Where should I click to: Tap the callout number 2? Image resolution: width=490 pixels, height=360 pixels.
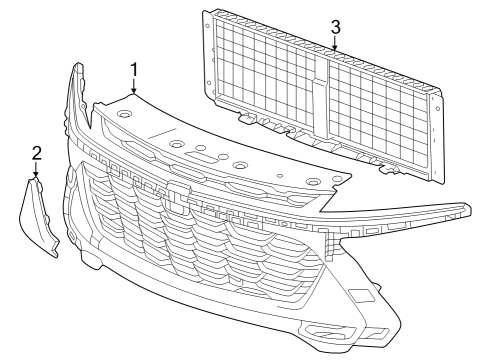(36, 153)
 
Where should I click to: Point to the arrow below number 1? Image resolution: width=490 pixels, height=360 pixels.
(133, 88)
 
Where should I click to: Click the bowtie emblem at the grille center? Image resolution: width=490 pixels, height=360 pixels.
(178, 201)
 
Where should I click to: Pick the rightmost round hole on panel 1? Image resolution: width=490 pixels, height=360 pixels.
(312, 182)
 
